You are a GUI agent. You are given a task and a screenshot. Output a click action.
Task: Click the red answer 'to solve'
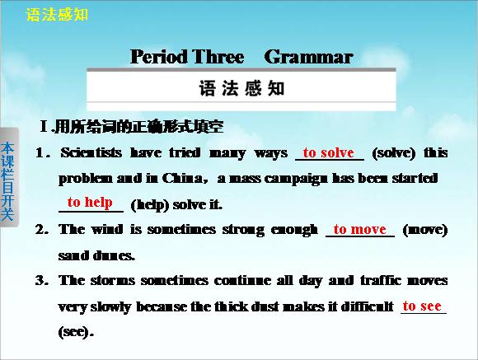pyautogui.click(x=329, y=152)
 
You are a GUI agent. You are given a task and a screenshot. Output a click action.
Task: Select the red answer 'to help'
pyautogui.click(x=90, y=203)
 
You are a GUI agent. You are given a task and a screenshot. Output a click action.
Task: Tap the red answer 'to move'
pyautogui.click(x=359, y=229)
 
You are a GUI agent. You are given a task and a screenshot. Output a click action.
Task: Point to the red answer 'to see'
pyautogui.click(x=422, y=306)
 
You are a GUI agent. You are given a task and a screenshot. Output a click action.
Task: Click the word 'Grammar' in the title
pyautogui.click(x=308, y=57)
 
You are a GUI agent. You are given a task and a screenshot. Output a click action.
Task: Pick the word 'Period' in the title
pyautogui.click(x=159, y=57)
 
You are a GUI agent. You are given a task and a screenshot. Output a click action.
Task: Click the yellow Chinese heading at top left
pyautogui.click(x=57, y=15)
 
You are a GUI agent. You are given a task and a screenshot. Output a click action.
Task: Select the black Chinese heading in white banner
pyautogui.click(x=241, y=88)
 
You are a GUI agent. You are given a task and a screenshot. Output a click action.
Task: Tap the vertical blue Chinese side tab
pyautogui.click(x=7, y=181)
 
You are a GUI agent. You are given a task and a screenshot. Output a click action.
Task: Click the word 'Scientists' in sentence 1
pyautogui.click(x=91, y=152)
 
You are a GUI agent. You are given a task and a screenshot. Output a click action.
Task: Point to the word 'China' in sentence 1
pyautogui.click(x=182, y=178)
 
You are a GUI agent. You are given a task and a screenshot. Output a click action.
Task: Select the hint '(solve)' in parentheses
pyautogui.click(x=394, y=153)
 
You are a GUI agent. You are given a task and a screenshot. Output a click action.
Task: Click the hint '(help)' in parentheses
pyautogui.click(x=150, y=205)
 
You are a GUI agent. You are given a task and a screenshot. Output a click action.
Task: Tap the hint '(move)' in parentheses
pyautogui.click(x=425, y=230)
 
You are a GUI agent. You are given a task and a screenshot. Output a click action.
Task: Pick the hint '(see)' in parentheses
pyautogui.click(x=75, y=332)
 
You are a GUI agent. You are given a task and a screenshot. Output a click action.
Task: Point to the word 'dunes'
pyautogui.click(x=114, y=255)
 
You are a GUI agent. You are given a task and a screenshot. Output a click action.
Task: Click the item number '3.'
pyautogui.click(x=42, y=280)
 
